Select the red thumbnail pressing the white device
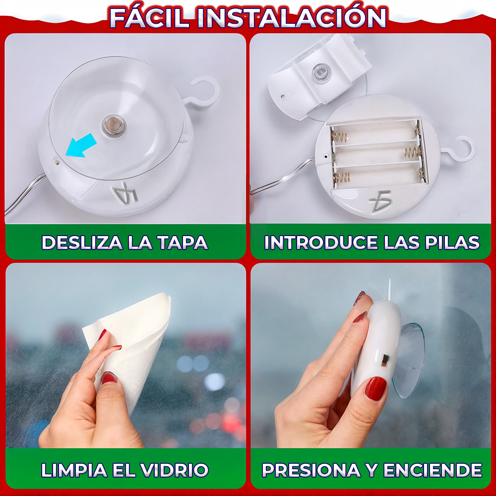[375, 388]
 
